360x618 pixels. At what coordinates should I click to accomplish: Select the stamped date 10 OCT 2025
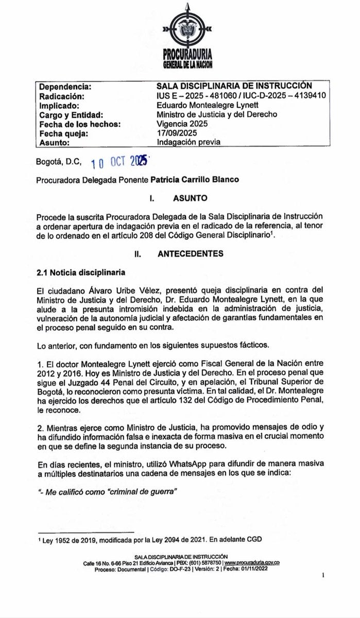(x=119, y=162)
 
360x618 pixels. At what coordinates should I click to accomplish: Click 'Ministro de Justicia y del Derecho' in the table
(x=217, y=114)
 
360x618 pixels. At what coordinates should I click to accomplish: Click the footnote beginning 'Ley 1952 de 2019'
(x=149, y=539)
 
